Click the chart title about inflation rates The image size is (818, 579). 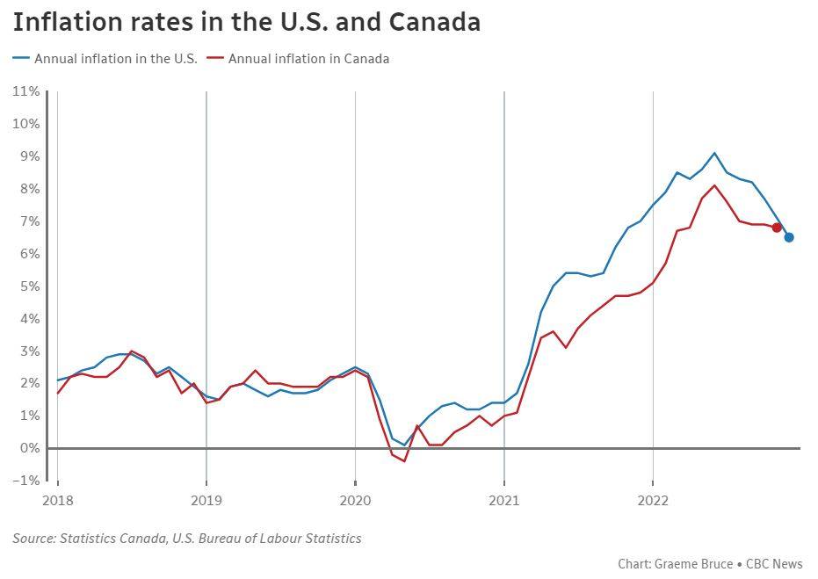click(247, 22)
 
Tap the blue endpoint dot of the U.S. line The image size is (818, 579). click(789, 237)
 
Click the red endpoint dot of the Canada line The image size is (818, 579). click(777, 228)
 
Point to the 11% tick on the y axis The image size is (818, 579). click(25, 91)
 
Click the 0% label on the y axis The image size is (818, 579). click(29, 448)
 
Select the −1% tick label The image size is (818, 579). click(25, 481)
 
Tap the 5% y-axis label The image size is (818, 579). click(29, 286)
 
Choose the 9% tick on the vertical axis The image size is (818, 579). click(29, 156)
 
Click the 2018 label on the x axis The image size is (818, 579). click(58, 501)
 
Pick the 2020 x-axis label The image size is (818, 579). click(355, 501)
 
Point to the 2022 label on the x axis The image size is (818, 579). click(653, 501)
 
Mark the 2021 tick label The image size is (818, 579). click(503, 501)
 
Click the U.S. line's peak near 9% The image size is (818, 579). click(714, 153)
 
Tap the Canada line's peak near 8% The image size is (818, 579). click(714, 185)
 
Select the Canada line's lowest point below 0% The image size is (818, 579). click(404, 461)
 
